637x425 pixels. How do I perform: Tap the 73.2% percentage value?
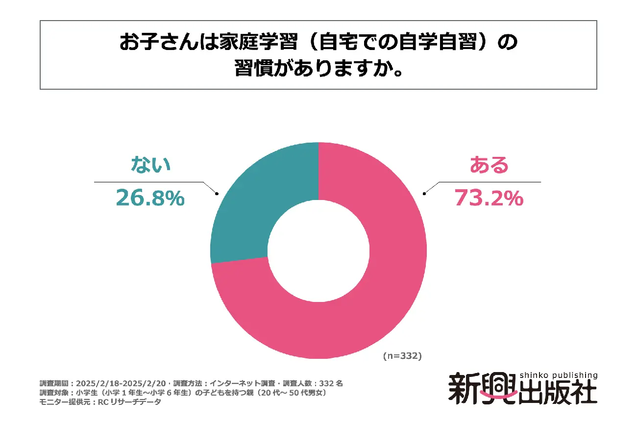pyautogui.click(x=489, y=198)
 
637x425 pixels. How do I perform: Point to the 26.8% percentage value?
pyautogui.click(x=150, y=198)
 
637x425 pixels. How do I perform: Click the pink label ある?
pyautogui.click(x=489, y=166)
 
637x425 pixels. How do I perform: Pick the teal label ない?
pyautogui.click(x=150, y=165)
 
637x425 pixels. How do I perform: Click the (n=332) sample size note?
pyautogui.click(x=402, y=356)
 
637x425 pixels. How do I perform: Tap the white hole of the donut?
pyautogui.click(x=318, y=250)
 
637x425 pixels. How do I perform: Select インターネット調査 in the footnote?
pyautogui.click(x=239, y=383)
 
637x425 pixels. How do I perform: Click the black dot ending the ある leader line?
pyautogui.click(x=424, y=194)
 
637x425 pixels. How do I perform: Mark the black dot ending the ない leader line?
pyautogui.click(x=216, y=194)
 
